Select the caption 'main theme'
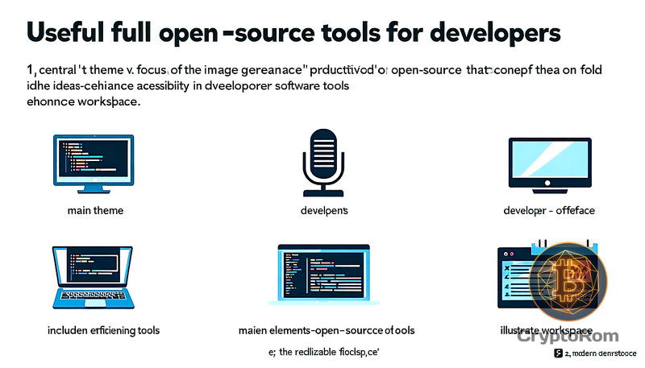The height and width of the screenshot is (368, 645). point(96,211)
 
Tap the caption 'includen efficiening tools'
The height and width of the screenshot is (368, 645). point(103,330)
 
